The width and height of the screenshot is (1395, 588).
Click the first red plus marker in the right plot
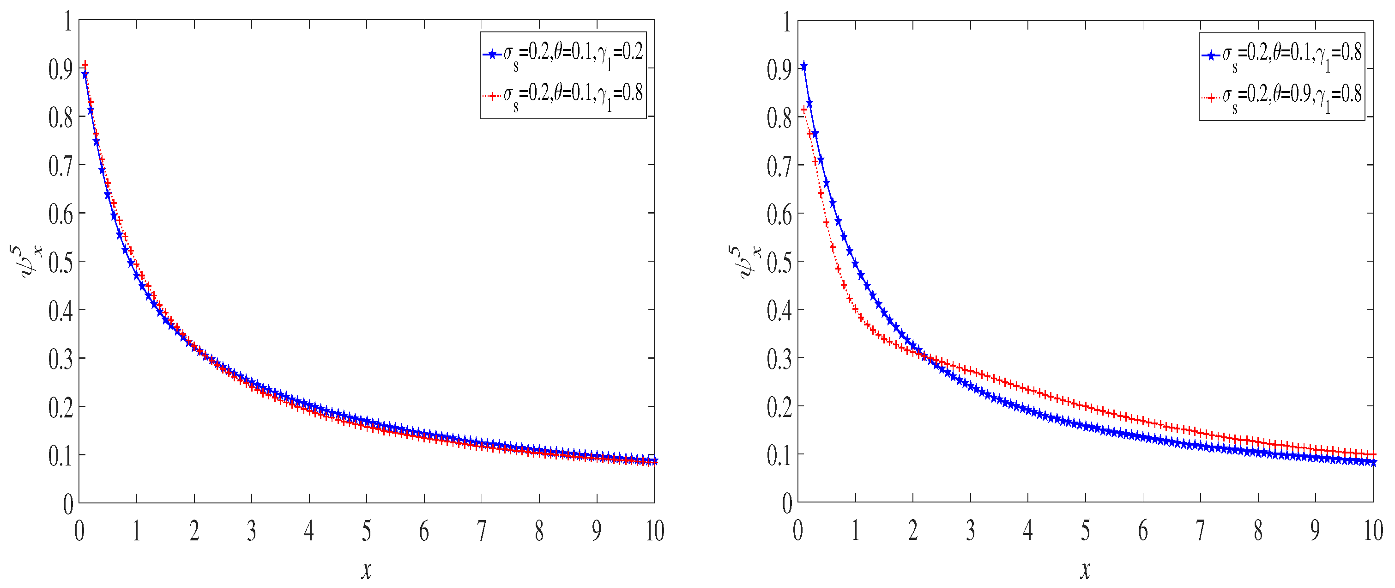point(804,110)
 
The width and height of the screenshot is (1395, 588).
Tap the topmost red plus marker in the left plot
point(85,65)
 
